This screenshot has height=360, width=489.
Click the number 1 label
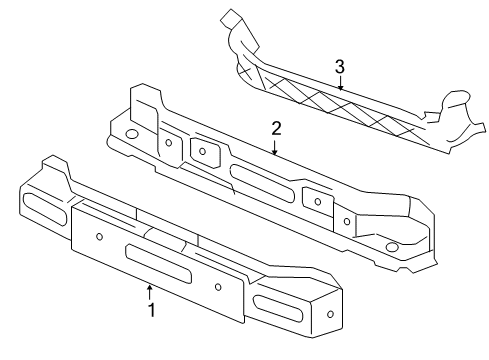click(x=151, y=311)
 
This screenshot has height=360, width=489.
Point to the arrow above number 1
click(x=151, y=292)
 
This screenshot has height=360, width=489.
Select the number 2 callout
click(x=276, y=129)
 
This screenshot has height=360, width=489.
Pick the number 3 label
click(x=340, y=66)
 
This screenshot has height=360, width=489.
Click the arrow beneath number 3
click(x=340, y=84)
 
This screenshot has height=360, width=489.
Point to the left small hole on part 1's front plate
click(x=101, y=237)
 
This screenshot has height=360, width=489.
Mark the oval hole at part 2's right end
click(x=391, y=247)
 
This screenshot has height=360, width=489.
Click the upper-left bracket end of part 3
click(x=232, y=25)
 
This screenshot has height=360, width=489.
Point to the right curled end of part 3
click(x=454, y=110)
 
